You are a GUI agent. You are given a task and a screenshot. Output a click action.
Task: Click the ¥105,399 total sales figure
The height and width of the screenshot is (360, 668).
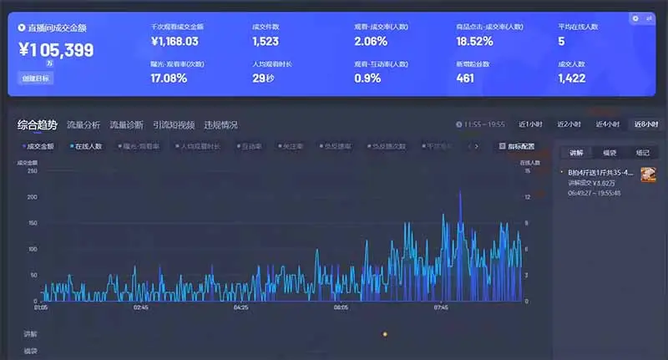point(56,51)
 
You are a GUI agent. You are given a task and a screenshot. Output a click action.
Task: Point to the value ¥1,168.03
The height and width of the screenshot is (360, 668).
point(175,41)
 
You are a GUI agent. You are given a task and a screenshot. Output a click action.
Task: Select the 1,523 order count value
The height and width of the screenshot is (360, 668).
point(265,41)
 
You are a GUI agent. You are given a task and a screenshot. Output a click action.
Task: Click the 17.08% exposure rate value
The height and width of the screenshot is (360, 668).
point(169,79)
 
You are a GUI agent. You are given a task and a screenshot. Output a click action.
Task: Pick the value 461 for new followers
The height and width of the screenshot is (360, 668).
point(465,79)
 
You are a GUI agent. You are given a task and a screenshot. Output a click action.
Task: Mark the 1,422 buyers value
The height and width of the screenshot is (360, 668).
point(572,79)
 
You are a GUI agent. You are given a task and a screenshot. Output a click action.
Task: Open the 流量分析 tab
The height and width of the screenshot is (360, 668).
point(83,125)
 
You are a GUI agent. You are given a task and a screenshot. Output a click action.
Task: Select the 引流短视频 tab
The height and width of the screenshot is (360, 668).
point(173,125)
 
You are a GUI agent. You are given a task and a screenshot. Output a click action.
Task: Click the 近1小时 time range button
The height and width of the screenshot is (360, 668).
point(530,124)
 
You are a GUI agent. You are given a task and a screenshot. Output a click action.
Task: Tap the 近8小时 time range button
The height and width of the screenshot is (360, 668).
point(645,124)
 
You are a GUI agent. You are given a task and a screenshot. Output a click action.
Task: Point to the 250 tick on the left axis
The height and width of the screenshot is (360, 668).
point(33,171)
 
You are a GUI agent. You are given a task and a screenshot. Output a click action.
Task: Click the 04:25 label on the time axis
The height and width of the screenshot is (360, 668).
point(240,307)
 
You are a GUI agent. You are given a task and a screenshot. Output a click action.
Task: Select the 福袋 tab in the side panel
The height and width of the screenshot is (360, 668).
point(609,153)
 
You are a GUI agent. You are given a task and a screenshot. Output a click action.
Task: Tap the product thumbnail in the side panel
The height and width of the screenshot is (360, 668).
point(648,175)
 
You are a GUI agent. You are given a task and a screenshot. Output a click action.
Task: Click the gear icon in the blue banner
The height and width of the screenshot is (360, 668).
point(635,18)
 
